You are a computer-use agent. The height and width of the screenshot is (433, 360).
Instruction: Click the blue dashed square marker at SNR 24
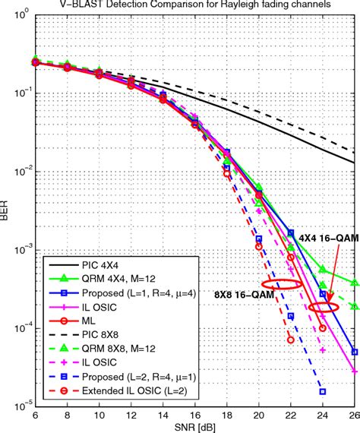point(322,391)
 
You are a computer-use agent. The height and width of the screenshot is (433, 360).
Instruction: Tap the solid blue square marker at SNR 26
point(354,352)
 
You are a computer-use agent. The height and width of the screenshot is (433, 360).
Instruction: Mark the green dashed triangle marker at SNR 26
point(354,307)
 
